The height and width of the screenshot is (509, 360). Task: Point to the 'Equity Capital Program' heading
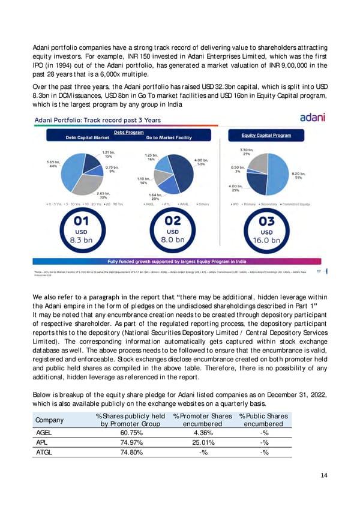[266, 135]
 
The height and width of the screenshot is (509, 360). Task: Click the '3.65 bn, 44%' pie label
[53, 164]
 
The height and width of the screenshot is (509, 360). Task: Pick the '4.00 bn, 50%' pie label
[201, 163]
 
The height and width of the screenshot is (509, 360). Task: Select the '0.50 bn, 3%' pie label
[238, 170]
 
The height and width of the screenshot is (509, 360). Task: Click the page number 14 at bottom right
[323, 475]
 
